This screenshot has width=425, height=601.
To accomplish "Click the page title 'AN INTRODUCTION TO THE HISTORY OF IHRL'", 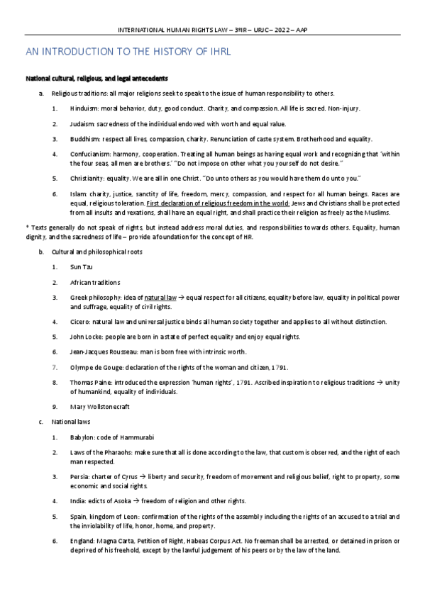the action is coord(128,52).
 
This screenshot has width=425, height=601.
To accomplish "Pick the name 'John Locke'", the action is coord(87,337).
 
